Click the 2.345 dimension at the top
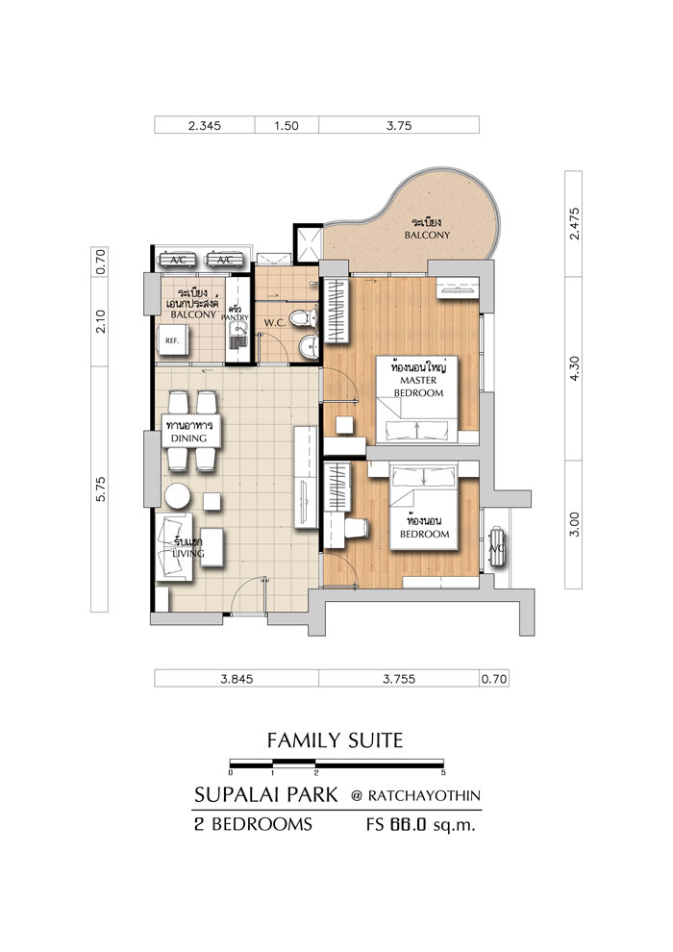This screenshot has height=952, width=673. [x=205, y=126]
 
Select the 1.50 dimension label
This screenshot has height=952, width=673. [x=287, y=126]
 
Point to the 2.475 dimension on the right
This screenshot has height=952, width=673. [x=574, y=224]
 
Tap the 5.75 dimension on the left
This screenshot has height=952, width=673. [x=101, y=489]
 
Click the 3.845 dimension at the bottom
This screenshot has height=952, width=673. [x=237, y=679]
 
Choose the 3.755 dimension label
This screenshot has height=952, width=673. [x=399, y=679]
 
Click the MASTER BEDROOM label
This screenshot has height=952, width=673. [x=419, y=387]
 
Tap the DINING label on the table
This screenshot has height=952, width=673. [x=188, y=438]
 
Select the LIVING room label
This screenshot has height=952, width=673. [x=188, y=553]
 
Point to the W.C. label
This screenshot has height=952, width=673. [x=275, y=323]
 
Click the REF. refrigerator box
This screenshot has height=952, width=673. [x=173, y=341]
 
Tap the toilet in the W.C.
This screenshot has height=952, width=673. [x=303, y=317]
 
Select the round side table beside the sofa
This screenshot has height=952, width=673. [x=177, y=496]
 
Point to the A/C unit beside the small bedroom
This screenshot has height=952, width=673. [x=497, y=547]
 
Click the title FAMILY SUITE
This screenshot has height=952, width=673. [x=335, y=740]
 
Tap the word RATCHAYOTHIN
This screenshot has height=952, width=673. [x=424, y=796]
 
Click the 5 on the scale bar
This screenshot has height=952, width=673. [x=443, y=773]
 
